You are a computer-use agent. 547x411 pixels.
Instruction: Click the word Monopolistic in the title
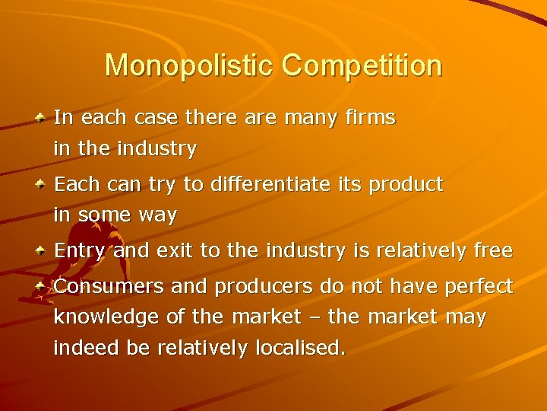coord(190,65)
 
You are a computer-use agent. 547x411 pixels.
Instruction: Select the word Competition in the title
coord(362,65)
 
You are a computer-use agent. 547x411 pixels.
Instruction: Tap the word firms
coord(368,118)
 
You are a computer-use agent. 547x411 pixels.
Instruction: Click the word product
coord(405,185)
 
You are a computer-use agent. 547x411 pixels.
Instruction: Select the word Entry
coord(81,250)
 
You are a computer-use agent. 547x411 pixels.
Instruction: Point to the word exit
coord(172,250)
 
